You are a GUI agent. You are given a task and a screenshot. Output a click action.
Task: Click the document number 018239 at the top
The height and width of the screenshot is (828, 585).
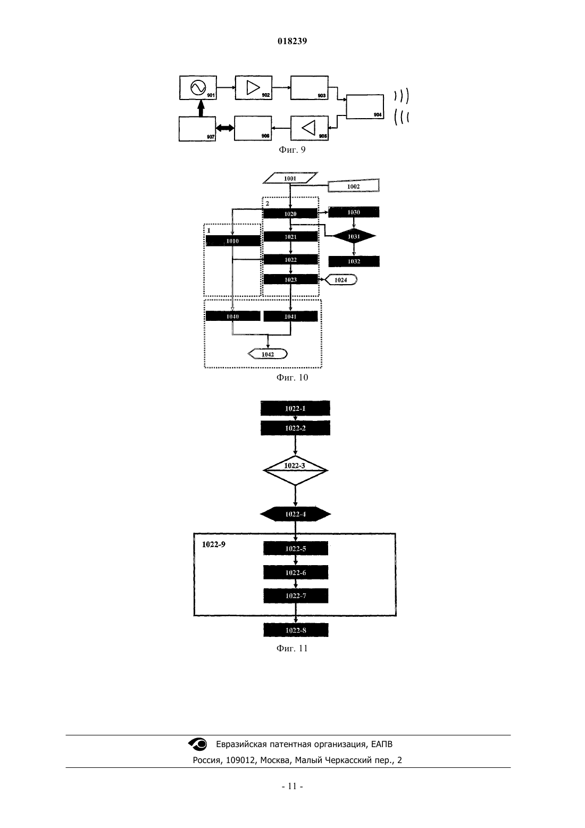(x=292, y=41)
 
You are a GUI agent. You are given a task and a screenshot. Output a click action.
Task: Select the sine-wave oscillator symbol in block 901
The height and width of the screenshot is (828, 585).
(x=198, y=87)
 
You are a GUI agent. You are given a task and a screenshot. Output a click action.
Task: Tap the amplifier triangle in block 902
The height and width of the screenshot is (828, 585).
(x=253, y=88)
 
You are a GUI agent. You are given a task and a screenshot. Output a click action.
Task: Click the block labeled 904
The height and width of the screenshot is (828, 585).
(x=364, y=106)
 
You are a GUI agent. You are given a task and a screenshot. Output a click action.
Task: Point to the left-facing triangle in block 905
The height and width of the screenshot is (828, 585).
(x=309, y=128)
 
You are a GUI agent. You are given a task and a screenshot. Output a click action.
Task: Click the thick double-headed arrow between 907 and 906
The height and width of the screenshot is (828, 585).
(x=225, y=128)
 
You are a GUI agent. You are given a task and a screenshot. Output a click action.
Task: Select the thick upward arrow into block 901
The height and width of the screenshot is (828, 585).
(x=200, y=108)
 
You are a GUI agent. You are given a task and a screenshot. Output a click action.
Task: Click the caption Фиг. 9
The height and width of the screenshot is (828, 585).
(x=292, y=150)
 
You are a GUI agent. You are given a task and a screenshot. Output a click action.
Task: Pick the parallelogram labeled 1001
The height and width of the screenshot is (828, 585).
(x=290, y=178)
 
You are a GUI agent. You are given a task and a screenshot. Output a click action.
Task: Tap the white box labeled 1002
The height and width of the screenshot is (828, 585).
(x=354, y=186)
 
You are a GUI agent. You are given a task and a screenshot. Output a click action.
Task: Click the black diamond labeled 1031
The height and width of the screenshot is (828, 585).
(x=354, y=237)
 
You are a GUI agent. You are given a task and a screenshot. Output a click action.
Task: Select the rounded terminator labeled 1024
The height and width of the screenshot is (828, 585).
(x=340, y=280)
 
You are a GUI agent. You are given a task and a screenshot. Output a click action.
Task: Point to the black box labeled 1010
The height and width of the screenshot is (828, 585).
(x=233, y=241)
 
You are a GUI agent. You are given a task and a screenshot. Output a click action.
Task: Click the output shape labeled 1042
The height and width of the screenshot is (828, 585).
(x=268, y=354)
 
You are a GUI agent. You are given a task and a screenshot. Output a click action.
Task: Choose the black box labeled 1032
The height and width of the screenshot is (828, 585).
(x=354, y=261)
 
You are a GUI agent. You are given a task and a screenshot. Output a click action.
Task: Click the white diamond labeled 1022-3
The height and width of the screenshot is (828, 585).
(x=295, y=470)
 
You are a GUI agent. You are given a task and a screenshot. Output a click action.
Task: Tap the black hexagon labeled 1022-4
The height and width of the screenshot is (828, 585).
(x=296, y=514)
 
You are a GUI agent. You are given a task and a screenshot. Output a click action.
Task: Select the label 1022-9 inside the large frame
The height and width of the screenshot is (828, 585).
(x=213, y=544)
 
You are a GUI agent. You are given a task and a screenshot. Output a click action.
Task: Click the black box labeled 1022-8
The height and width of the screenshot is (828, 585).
(x=296, y=630)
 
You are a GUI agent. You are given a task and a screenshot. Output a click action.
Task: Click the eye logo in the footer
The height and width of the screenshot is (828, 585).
(x=198, y=744)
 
